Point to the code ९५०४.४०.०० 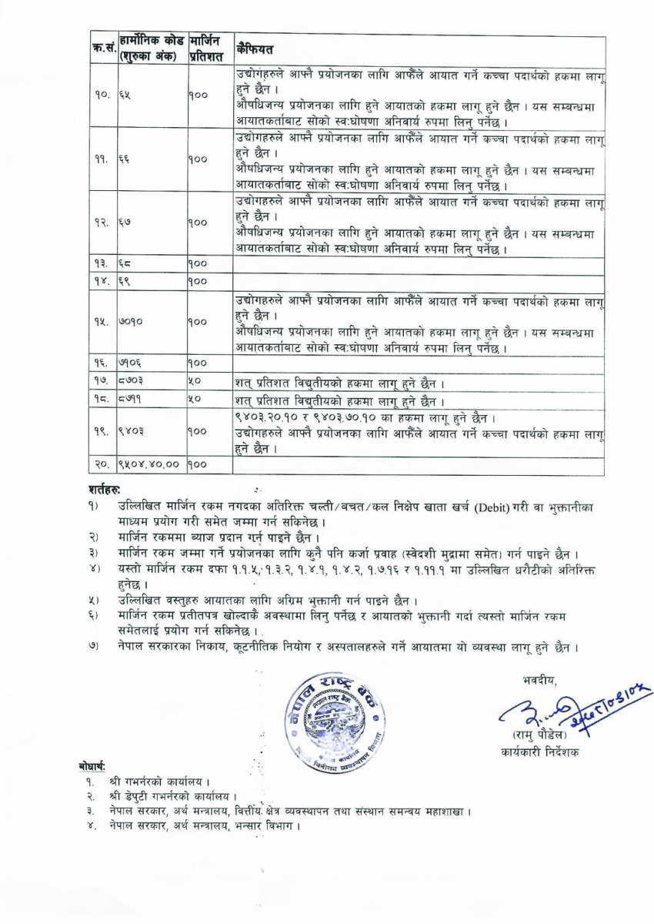click(149, 465)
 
